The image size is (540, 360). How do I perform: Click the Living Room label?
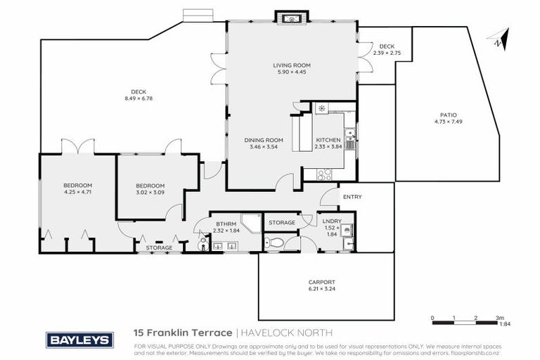click(x=292, y=65)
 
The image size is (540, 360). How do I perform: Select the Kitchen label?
click(x=328, y=140)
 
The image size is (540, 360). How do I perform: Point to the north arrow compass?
click(x=499, y=39)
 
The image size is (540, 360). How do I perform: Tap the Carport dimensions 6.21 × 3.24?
click(x=321, y=288)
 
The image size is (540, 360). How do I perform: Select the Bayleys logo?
click(x=79, y=340)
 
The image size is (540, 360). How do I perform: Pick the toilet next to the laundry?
click(x=277, y=243)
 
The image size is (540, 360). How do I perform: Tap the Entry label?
click(x=352, y=198)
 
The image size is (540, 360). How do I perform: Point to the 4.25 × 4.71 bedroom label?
click(x=77, y=191)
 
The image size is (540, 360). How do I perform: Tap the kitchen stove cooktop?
click(x=324, y=174)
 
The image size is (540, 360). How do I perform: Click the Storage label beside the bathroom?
click(x=281, y=223)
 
